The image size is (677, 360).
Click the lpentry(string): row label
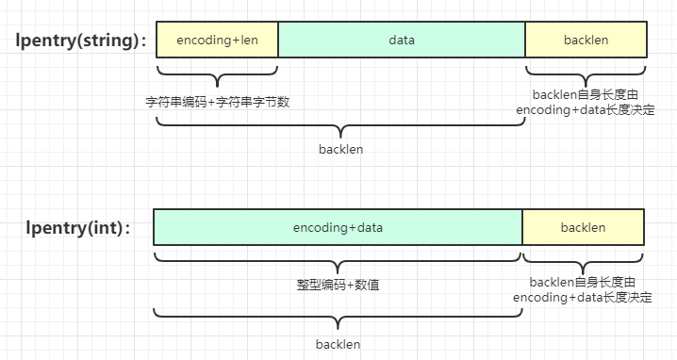(80, 41)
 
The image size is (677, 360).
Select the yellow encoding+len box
(217, 41)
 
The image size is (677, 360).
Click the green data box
(402, 41)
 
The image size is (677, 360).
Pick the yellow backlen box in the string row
(586, 41)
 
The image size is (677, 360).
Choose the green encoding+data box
(338, 228)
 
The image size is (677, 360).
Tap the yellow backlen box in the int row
(584, 228)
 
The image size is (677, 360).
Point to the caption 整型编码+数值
(338, 284)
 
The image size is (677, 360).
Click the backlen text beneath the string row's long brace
(340, 149)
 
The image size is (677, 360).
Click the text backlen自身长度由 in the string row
(586, 94)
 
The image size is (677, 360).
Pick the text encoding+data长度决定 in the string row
(586, 110)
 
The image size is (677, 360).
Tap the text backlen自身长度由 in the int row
(583, 282)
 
